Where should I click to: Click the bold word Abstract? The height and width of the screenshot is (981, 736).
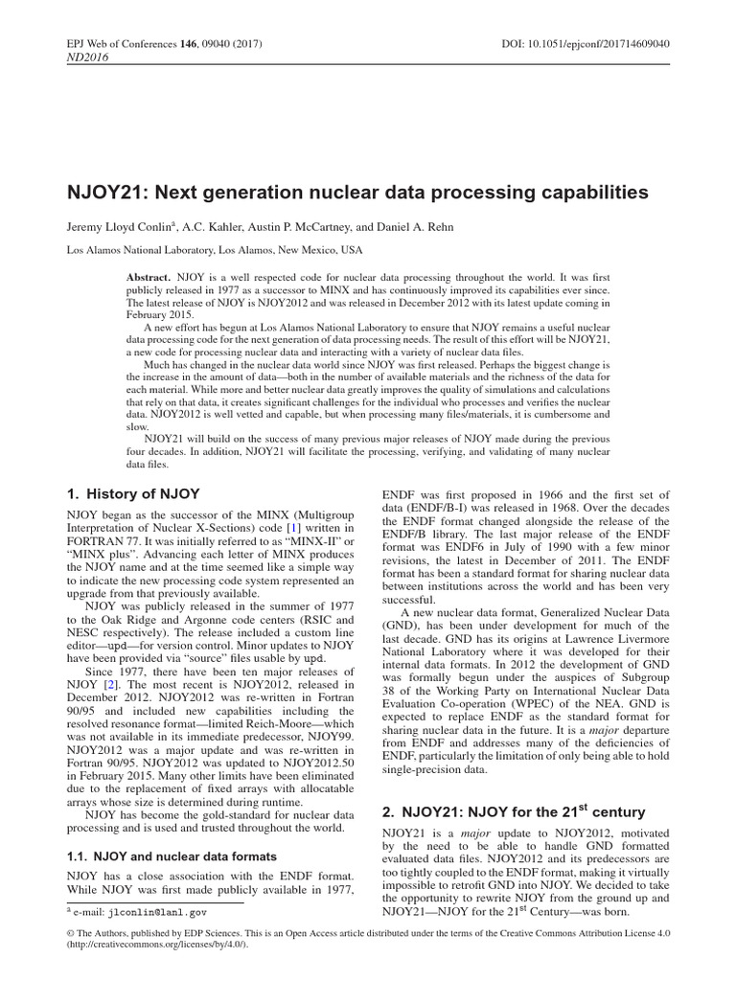pyautogui.click(x=149, y=276)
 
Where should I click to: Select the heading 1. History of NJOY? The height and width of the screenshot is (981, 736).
pyautogui.click(x=133, y=494)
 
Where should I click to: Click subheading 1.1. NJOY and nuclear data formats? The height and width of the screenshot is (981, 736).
pyautogui.click(x=172, y=856)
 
